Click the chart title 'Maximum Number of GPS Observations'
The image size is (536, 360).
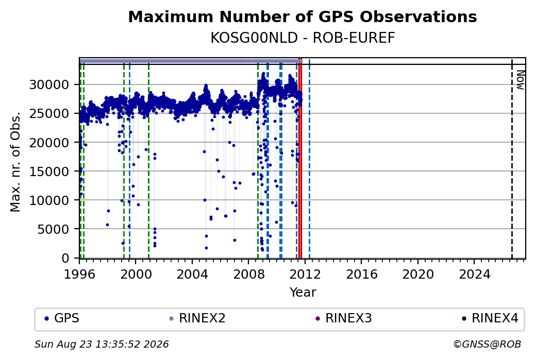coord(303,16)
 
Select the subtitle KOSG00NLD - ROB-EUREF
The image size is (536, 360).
coord(303,38)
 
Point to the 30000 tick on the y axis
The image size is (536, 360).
coord(49,84)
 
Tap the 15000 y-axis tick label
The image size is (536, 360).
coord(49,171)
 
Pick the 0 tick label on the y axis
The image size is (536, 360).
coord(65,258)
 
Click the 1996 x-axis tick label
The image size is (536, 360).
coord(79,274)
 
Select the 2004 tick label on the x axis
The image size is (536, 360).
coord(192,274)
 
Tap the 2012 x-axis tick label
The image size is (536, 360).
coord(305,274)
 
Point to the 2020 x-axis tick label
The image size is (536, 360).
coord(418,274)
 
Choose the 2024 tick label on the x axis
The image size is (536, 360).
coord(474,274)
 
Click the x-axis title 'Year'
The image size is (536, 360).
coord(303,293)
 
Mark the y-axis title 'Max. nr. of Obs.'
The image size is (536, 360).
coord(15,161)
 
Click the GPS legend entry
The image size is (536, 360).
coord(62,318)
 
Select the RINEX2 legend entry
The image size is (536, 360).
coord(197,318)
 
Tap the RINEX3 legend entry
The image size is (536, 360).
coord(344,318)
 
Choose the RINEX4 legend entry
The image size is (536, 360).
coord(490,318)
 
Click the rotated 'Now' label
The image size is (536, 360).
coord(520,80)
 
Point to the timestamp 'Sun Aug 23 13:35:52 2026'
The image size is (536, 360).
coord(102,344)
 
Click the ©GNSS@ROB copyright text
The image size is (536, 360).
coord(487,344)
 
